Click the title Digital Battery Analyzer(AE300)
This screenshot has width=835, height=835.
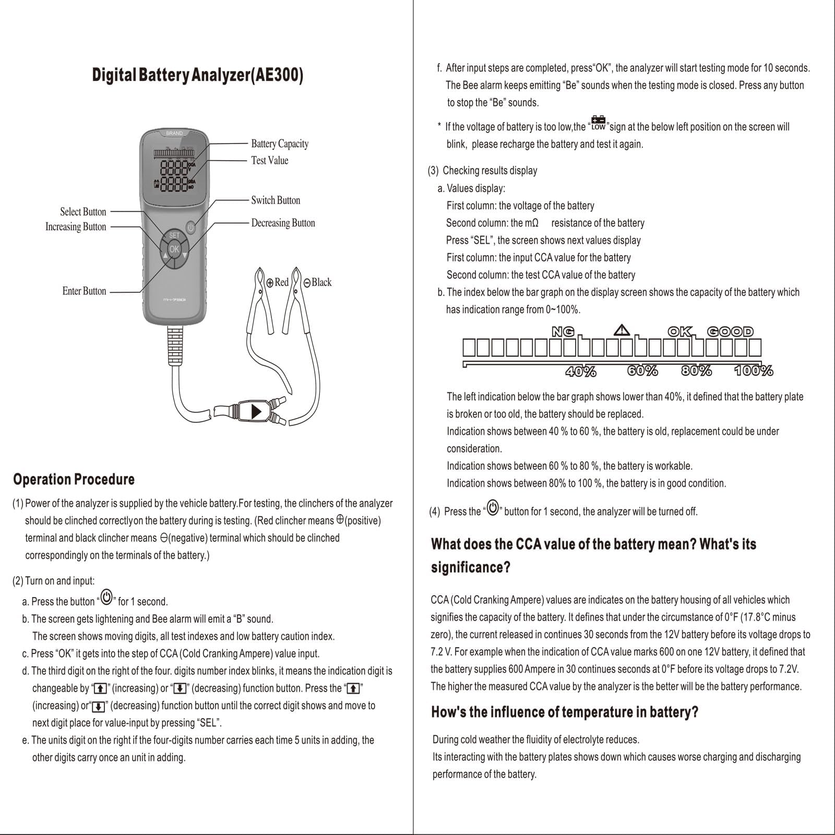(197, 75)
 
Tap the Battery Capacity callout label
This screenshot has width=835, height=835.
(280, 144)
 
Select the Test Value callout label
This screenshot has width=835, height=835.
(269, 160)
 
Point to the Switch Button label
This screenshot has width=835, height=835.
(276, 200)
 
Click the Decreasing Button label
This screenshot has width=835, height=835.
(283, 223)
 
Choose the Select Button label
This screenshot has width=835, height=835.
(83, 211)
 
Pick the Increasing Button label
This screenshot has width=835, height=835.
(76, 226)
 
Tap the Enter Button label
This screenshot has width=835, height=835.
(84, 291)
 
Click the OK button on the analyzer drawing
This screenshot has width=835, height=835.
(174, 249)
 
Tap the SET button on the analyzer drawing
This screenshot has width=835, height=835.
(174, 235)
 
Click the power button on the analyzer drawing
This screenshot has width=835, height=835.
(190, 228)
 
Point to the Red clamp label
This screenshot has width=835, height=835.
(277, 282)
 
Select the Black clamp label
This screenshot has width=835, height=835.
(317, 282)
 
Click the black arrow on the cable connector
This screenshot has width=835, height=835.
(256, 411)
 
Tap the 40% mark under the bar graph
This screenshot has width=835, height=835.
(581, 371)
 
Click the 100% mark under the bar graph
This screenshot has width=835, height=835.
(754, 371)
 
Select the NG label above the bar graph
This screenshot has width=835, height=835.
(563, 331)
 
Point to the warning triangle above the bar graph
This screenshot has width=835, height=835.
(622, 330)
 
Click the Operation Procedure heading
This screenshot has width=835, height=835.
(74, 479)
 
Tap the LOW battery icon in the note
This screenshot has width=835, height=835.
(598, 123)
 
